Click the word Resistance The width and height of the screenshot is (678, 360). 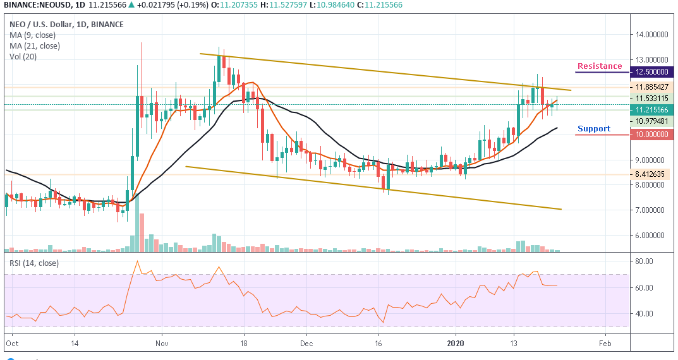[x=599, y=66]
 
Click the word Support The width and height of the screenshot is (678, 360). [x=594, y=129]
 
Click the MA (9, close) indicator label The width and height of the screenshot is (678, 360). [x=35, y=35]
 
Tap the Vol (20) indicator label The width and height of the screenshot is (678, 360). [x=23, y=57]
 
